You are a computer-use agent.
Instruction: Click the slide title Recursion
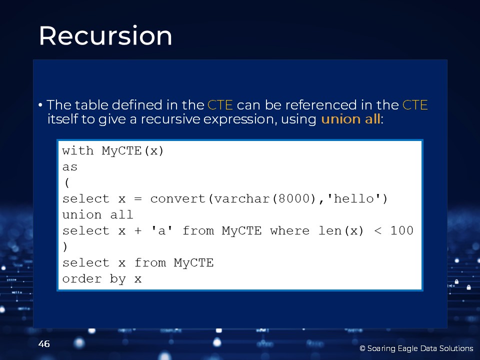(x=105, y=35)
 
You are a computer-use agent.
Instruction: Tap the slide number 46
(x=44, y=344)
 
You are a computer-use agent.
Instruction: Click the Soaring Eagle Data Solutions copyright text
(x=416, y=348)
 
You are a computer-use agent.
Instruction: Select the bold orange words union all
(x=350, y=119)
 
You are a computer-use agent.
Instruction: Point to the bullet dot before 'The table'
(x=40, y=105)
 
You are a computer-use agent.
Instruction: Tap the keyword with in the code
(x=78, y=150)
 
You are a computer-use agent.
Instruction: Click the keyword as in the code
(x=70, y=167)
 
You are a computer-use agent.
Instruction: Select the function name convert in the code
(x=177, y=198)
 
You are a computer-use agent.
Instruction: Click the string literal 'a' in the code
(x=162, y=230)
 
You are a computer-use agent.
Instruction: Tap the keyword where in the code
(x=289, y=230)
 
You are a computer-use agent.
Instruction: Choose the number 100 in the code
(x=402, y=230)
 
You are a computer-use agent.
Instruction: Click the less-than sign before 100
(x=378, y=231)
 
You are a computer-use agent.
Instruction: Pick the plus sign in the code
(x=138, y=231)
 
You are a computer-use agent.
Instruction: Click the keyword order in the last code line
(x=81, y=279)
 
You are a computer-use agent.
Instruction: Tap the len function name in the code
(x=329, y=230)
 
